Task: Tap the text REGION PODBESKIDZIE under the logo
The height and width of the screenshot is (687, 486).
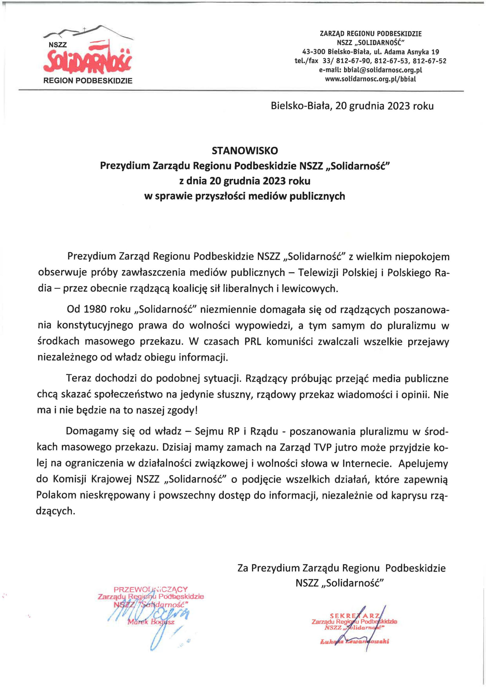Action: [88, 81]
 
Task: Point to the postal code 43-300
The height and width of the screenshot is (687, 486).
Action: [314, 52]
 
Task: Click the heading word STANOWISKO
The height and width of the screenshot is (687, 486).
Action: [245, 151]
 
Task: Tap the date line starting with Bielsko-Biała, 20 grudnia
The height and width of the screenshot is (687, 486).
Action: [352, 106]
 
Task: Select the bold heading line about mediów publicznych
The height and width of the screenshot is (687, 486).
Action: [244, 196]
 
